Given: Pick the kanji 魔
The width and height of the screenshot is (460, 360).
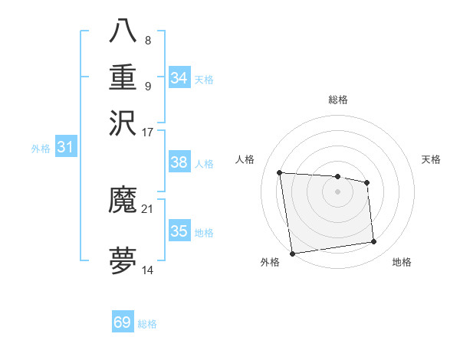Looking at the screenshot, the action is tap(123, 201).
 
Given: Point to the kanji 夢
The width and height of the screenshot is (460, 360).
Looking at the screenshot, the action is tap(123, 260).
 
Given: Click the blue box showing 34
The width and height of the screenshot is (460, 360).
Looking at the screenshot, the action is tap(179, 78).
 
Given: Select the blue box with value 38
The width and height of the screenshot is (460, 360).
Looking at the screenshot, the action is tap(179, 162).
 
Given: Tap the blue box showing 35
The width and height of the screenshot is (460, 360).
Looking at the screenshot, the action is tap(179, 231).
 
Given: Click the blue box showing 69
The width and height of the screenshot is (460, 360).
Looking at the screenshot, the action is tap(123, 322).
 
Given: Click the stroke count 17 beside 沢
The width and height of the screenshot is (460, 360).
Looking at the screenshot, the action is tap(148, 132).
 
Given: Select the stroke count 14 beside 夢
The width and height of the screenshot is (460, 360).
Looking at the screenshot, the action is tap(148, 270).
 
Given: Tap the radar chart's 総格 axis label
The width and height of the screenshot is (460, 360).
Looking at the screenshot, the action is tap(338, 100).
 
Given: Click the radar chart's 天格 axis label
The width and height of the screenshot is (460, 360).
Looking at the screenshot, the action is tap(432, 159).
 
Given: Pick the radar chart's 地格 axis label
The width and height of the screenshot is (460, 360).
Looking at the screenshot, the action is tap(402, 263).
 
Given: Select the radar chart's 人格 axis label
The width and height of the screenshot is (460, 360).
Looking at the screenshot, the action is tap(245, 159).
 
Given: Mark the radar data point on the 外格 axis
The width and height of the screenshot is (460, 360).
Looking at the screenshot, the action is tap(292, 254).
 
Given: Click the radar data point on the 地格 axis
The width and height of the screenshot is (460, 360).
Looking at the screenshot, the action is tap(374, 242).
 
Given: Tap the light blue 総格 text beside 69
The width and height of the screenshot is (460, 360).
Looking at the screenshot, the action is tap(148, 324).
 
